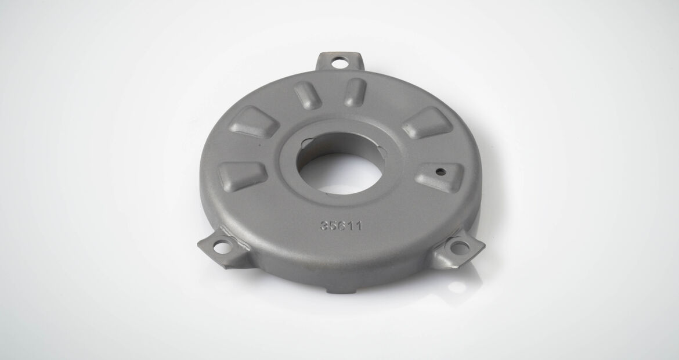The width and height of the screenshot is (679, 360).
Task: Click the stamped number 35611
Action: pyautogui.click(x=341, y=226)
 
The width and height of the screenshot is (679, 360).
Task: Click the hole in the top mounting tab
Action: pyautogui.click(x=339, y=63)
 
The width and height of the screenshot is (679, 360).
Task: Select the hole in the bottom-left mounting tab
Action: pyautogui.click(x=223, y=247)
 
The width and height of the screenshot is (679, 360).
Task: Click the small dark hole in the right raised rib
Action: pyautogui.click(x=440, y=171)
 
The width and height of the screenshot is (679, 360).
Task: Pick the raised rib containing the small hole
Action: pyautogui.click(x=439, y=177)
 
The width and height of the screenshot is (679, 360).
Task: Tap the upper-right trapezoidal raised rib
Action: pyautogui.click(x=428, y=123)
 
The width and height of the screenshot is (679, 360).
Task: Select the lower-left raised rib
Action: pyautogui.click(x=242, y=176)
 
